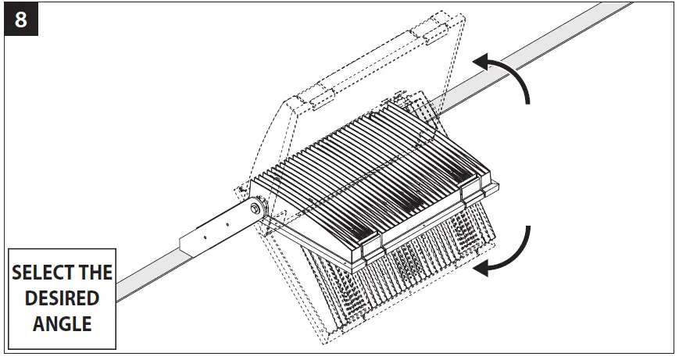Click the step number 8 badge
(x=20, y=20)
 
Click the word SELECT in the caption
(x=38, y=274)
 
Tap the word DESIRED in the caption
(x=62, y=298)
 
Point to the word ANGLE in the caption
(x=62, y=323)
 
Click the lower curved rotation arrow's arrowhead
(x=483, y=268)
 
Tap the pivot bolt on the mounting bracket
(x=256, y=209)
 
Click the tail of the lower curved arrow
(x=529, y=228)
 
